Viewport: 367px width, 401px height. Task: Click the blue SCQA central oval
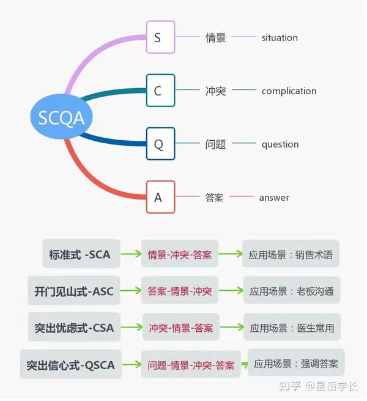pyautogui.click(x=61, y=118)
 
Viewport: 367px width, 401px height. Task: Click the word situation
pyautogui.click(x=280, y=37)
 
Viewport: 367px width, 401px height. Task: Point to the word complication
pyautogui.click(x=289, y=91)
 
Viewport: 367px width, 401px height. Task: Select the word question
pyautogui.click(x=280, y=144)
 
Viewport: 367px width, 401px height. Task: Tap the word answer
pyautogui.click(x=274, y=198)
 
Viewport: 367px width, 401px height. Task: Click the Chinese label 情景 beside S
pyautogui.click(x=215, y=37)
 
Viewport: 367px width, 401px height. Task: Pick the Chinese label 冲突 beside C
pyautogui.click(x=215, y=91)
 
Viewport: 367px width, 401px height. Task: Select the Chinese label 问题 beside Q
pyautogui.click(x=215, y=144)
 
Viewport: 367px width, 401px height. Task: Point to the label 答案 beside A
pyautogui.click(x=214, y=198)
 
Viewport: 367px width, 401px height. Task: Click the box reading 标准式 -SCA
pyautogui.click(x=80, y=254)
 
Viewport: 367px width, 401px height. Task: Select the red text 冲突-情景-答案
pyautogui.click(x=180, y=328)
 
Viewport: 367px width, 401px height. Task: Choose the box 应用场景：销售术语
pyautogui.click(x=291, y=254)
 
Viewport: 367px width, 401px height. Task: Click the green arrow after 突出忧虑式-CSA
pyautogui.click(x=131, y=328)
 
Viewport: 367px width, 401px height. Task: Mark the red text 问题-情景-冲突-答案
pyautogui.click(x=190, y=365)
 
